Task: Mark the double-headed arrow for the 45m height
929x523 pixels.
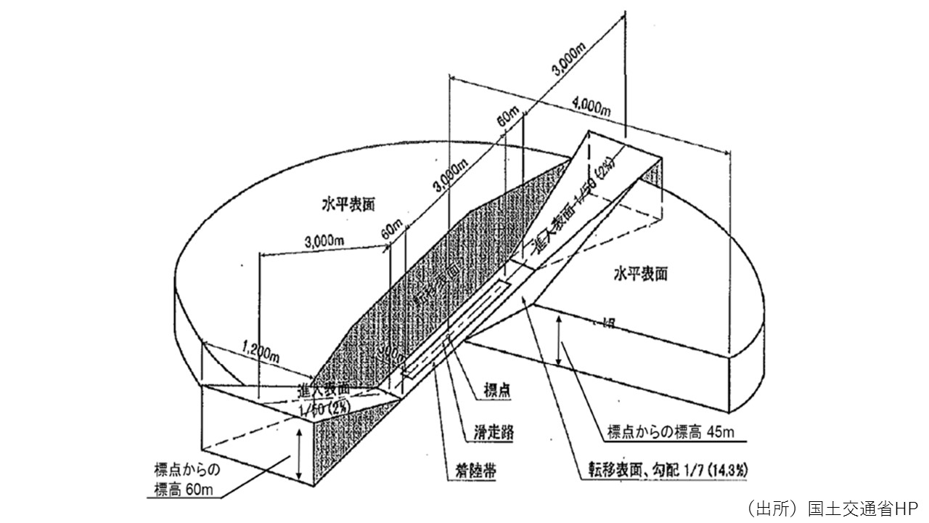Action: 560,341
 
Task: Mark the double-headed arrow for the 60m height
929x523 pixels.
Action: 299,454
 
